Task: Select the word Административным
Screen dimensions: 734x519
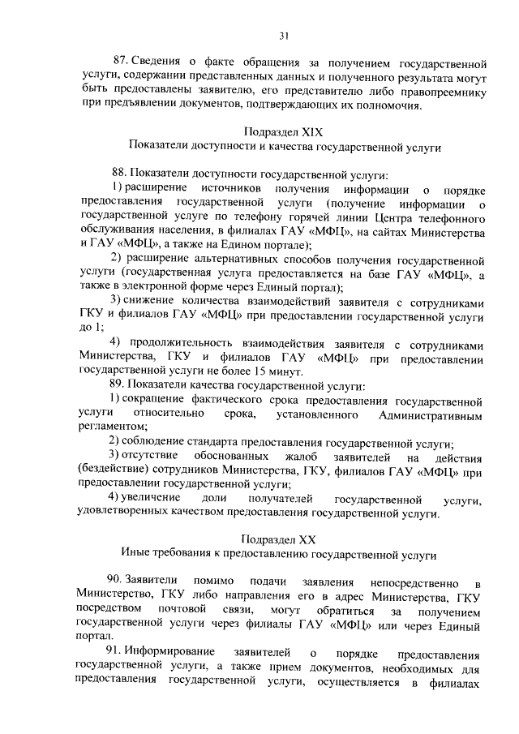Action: [x=431, y=415]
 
